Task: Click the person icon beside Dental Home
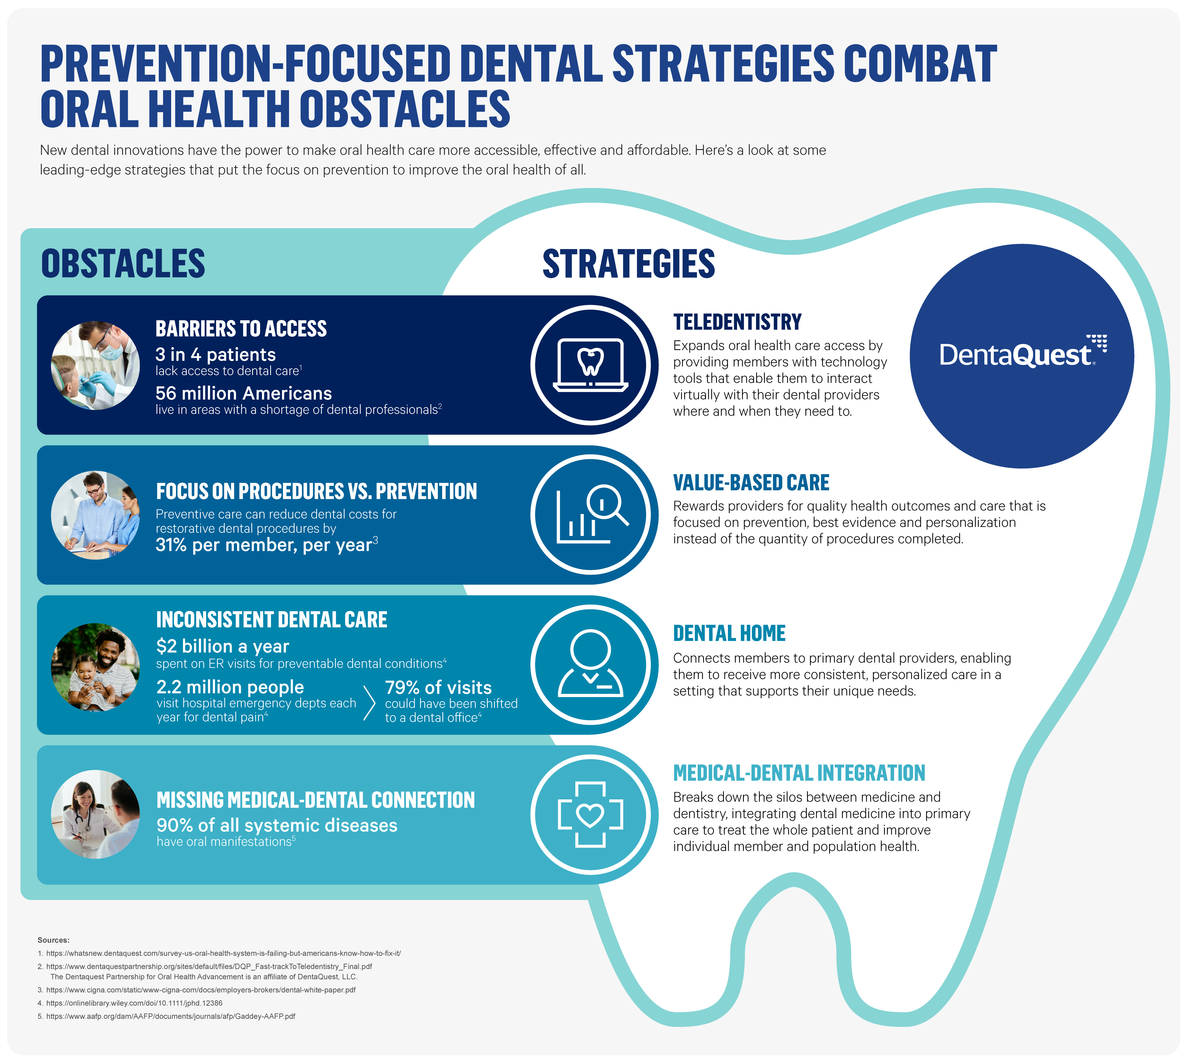point(590,664)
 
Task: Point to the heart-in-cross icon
point(590,814)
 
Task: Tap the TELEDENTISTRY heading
point(737,322)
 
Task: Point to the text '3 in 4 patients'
point(216,355)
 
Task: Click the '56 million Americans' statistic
point(244,393)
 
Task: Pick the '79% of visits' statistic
point(438,687)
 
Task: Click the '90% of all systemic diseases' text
point(277,825)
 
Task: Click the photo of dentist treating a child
point(95,366)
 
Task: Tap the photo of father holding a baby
point(95,667)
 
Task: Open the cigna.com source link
point(200,990)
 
